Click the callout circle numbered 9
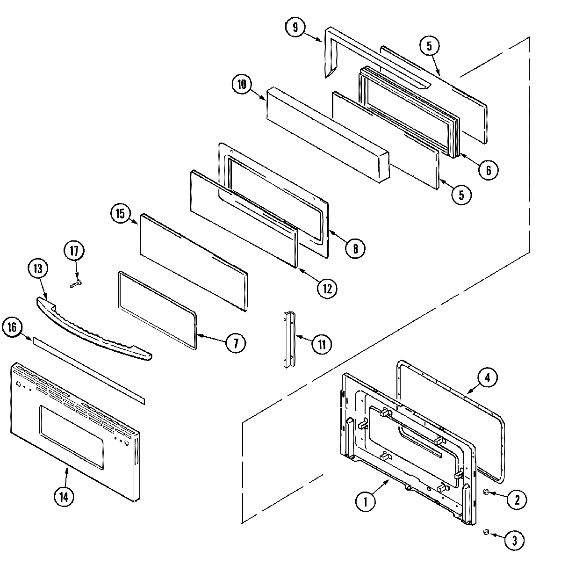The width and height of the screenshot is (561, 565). [x=295, y=28]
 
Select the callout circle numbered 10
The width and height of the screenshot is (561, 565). [x=242, y=85]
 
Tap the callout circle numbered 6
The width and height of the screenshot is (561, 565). [x=489, y=170]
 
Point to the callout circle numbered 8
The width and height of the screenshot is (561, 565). [x=355, y=248]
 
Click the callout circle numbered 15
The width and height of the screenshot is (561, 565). [x=120, y=214]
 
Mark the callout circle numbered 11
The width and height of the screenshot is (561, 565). [x=322, y=344]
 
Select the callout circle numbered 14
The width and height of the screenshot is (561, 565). [x=64, y=498]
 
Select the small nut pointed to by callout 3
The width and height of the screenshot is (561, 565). [x=486, y=532]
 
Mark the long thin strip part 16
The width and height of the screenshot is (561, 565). [x=89, y=369]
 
